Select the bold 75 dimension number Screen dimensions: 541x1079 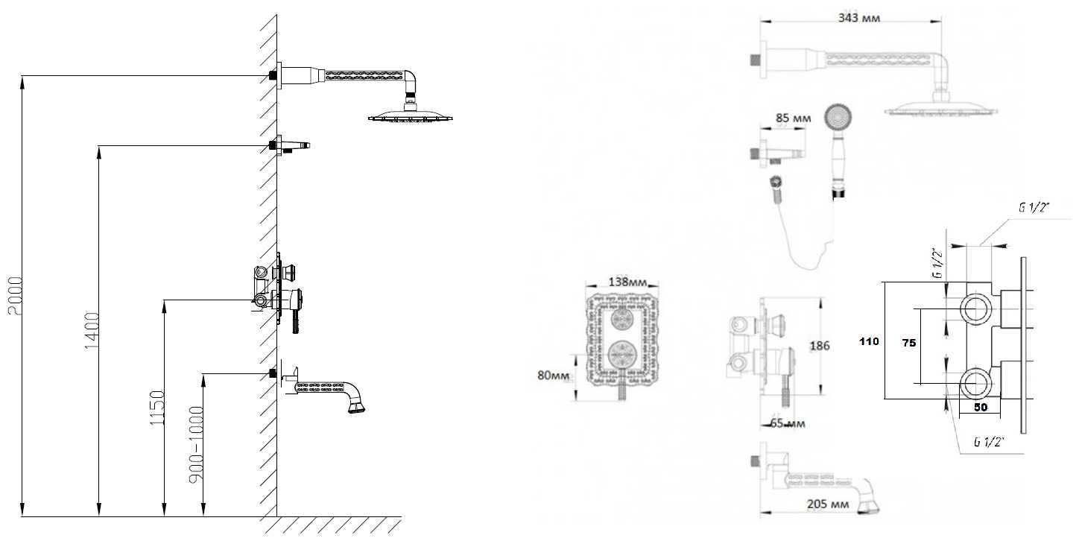(x=908, y=342)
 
